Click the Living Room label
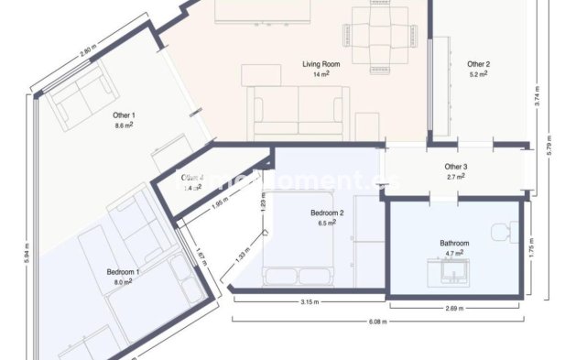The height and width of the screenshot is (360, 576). tap(321, 64)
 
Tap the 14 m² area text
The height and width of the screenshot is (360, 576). tap(321, 74)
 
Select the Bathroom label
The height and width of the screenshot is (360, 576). tap(454, 243)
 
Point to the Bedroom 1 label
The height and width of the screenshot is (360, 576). tap(123, 272)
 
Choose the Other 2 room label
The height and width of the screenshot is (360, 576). tap(478, 64)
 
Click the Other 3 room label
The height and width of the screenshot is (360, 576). tap(456, 167)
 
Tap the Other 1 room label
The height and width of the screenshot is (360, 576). tap(125, 115)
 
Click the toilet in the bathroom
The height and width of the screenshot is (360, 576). tap(503, 235)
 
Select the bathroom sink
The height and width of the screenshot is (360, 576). tap(453, 271)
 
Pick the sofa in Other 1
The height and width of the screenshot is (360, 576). tap(82, 100)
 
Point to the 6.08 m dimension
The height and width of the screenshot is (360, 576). tap(377, 322)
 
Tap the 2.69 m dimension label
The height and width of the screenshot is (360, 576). tap(453, 308)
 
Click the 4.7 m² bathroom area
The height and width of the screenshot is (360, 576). tap(454, 253)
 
